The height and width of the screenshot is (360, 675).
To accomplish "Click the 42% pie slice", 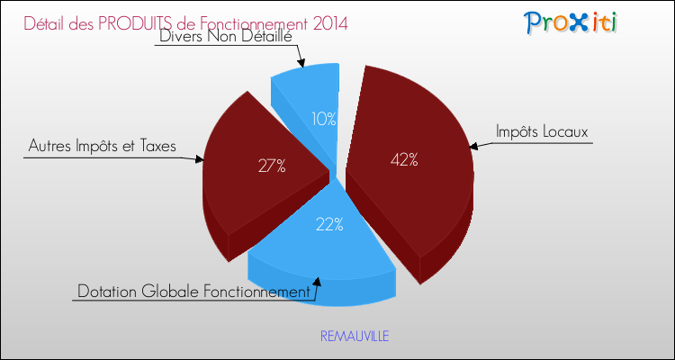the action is (x=409, y=172).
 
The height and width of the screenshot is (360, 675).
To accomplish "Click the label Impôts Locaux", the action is (x=542, y=131).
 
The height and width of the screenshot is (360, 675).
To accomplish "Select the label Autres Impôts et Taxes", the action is (x=102, y=147).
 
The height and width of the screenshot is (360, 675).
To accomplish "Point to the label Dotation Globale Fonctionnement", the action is (x=193, y=292).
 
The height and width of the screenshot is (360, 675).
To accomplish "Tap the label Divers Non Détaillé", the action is (x=226, y=36).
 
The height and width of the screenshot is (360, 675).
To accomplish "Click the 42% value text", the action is (x=404, y=160).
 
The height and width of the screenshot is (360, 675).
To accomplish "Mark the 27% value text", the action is (x=272, y=166).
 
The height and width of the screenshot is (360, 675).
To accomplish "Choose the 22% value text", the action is (x=329, y=224).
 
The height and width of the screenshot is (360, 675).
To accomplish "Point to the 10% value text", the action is (x=324, y=119).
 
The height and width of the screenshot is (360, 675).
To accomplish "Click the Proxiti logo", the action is (x=570, y=22).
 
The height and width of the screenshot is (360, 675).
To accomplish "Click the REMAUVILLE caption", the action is (x=355, y=337).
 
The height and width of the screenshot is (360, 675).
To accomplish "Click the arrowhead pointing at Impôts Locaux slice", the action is (x=473, y=147).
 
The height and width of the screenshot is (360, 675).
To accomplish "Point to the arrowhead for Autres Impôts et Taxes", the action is (x=199, y=159).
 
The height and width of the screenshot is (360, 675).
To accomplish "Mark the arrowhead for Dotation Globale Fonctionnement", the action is (x=318, y=281).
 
